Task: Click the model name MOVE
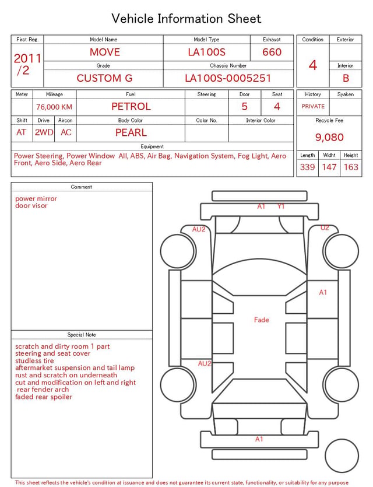pyautogui.click(x=104, y=52)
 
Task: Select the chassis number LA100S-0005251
pyautogui.click(x=228, y=78)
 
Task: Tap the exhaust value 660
pyautogui.click(x=272, y=52)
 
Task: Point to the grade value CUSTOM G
pyautogui.click(x=104, y=78)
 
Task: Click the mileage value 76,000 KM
pyautogui.click(x=54, y=107)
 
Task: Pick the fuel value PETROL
pyautogui.click(x=131, y=107)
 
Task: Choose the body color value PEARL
pyautogui.click(x=131, y=132)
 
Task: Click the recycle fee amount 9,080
pyautogui.click(x=329, y=137)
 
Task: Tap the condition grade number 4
pyautogui.click(x=313, y=65)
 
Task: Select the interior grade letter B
pyautogui.click(x=346, y=78)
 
